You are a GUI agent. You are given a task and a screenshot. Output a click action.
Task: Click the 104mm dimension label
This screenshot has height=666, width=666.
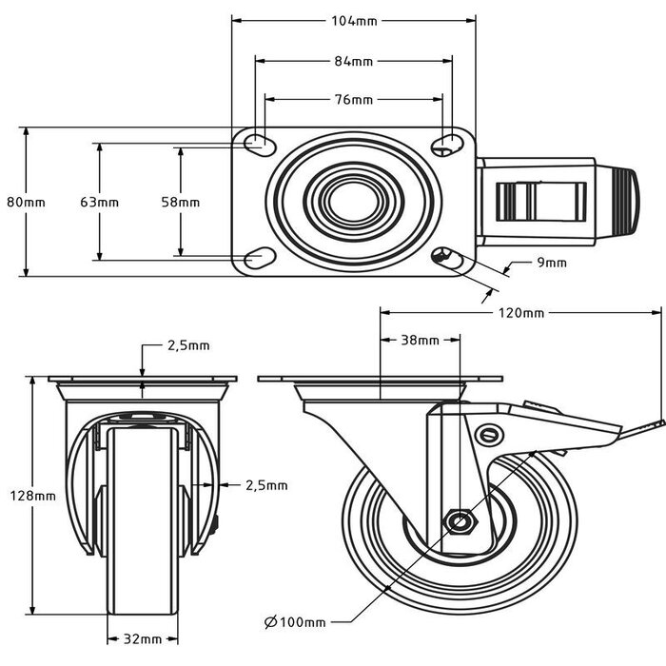click(x=353, y=20)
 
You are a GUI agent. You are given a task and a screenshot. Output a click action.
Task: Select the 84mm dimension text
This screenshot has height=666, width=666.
click(x=353, y=61)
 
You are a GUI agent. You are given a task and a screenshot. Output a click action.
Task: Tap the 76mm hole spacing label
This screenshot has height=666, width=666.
click(x=353, y=99)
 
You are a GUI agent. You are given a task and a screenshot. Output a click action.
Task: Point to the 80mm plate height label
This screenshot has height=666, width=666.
click(x=26, y=202)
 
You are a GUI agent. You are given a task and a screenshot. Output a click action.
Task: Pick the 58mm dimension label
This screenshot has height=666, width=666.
click(x=180, y=202)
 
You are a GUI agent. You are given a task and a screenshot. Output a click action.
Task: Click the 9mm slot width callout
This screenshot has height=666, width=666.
click(x=551, y=263)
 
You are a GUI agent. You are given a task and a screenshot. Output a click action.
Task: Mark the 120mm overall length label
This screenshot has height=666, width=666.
click(x=519, y=312)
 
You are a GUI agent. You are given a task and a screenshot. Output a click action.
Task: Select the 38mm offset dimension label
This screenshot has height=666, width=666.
click(x=420, y=340)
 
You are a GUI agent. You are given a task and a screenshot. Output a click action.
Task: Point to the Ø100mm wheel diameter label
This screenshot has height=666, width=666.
click(x=294, y=622)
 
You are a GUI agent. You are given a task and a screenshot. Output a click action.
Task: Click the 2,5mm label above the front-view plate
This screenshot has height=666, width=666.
click(x=187, y=345)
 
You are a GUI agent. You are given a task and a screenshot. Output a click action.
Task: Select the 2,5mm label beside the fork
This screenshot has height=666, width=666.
click(x=265, y=485)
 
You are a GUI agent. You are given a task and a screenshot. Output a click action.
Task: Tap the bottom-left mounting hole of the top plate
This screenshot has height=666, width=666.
click(x=256, y=257)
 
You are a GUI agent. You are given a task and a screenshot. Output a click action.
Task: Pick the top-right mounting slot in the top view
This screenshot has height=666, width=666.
click(x=444, y=145)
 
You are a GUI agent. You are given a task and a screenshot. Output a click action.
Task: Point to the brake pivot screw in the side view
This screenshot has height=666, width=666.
click(x=490, y=435)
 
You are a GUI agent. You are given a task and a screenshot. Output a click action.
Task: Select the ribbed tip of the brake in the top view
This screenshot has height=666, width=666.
click(x=628, y=202)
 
